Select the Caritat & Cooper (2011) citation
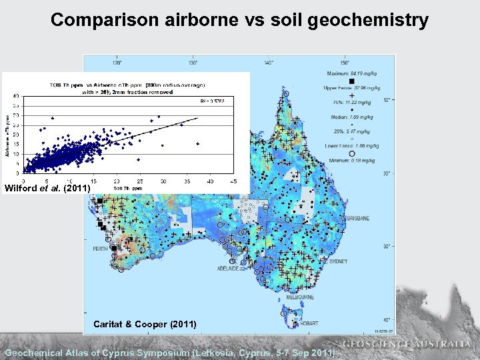(145, 324)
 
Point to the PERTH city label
(100, 249)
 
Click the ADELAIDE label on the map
(228, 268)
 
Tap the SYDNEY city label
(338, 261)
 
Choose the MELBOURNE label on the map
(301, 297)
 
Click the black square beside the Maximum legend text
(351, 81)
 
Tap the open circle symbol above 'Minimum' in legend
(351, 153)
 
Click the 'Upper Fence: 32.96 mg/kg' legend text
(353, 87)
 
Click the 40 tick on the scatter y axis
(17, 96)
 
